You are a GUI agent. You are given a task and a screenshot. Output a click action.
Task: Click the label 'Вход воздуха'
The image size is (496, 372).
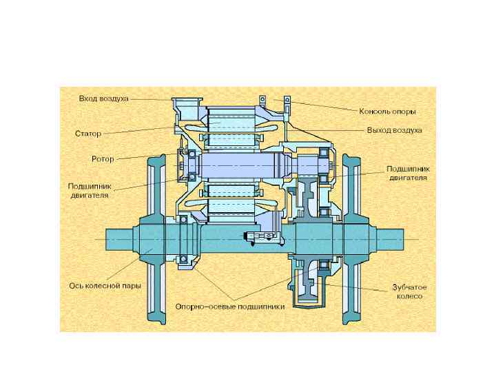103,99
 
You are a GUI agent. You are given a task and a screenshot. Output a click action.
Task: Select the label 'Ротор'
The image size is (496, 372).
103,159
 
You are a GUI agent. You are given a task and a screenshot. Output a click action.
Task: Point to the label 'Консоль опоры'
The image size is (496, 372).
387,111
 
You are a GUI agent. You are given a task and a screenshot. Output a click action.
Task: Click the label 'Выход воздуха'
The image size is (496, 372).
394,130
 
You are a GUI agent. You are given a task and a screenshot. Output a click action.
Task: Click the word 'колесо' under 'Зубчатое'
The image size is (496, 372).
409,296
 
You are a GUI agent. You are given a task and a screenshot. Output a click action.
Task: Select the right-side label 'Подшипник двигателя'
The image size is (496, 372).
408,172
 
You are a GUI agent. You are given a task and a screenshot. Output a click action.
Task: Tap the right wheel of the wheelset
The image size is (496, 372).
353,238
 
